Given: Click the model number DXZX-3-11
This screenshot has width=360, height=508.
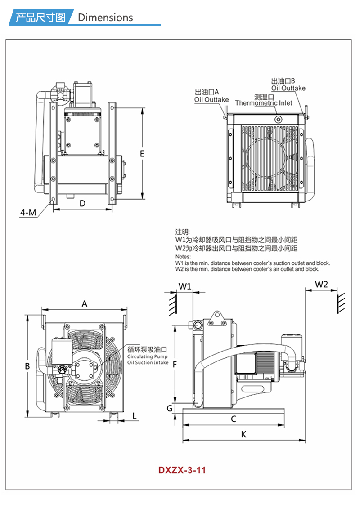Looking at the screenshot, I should (x=182, y=470).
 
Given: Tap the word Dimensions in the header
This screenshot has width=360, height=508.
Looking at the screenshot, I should (x=105, y=18).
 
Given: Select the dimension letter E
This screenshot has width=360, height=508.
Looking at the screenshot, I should (x=142, y=154).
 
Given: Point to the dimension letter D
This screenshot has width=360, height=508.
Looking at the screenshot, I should (x=82, y=203).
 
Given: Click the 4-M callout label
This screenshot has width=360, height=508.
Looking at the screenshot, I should (x=28, y=213).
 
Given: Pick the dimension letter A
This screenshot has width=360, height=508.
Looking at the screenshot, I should (x=84, y=304).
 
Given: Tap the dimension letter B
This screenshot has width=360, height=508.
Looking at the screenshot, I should (x=27, y=366).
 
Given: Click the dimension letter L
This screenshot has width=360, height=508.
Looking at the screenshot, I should (x=134, y=416).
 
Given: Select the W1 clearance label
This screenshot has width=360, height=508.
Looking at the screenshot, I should (x=185, y=286).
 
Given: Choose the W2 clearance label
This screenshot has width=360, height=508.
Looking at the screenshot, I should (x=321, y=284).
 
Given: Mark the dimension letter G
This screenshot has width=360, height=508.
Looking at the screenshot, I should (x=170, y=408).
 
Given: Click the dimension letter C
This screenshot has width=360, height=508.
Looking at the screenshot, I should (x=234, y=419).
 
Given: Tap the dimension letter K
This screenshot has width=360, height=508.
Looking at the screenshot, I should (x=244, y=434).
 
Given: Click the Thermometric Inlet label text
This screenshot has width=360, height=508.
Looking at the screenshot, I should (x=263, y=103).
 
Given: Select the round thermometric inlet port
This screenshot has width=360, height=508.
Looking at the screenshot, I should (x=279, y=119).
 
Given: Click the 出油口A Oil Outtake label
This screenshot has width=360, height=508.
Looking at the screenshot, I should (x=211, y=96).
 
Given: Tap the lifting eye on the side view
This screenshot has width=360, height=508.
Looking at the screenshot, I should (x=216, y=317).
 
